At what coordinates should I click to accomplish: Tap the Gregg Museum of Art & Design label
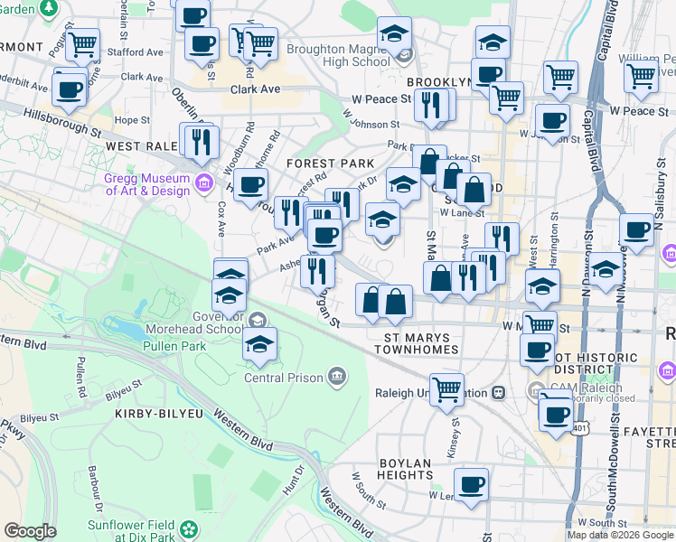point(147,184)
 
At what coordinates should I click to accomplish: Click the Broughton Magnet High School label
point(339,55)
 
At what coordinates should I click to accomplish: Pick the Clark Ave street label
point(256,89)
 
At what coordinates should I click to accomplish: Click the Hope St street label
point(131,119)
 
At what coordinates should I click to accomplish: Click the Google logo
point(30,531)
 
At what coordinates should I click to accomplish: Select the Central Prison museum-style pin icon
point(337,375)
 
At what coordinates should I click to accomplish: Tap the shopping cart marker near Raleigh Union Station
point(446,389)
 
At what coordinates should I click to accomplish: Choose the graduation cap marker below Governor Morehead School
point(260,344)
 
